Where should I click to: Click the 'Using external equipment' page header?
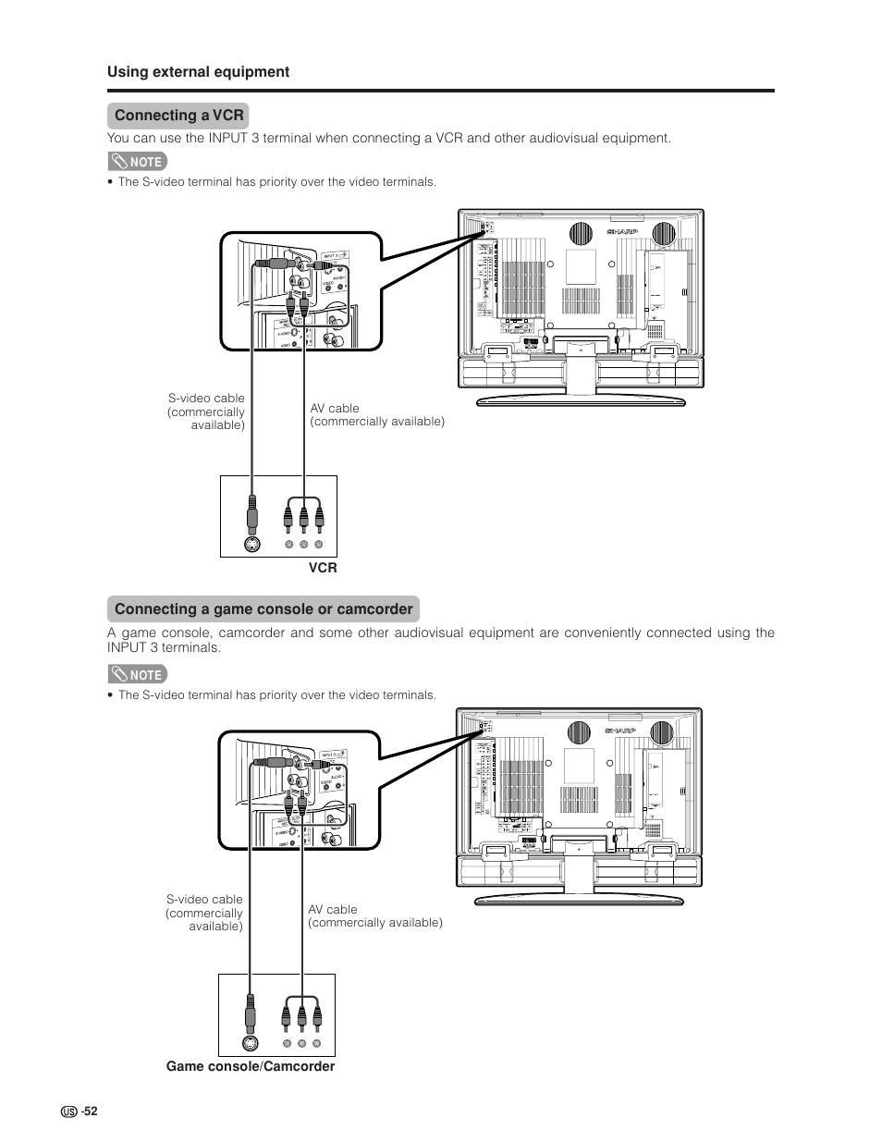[198, 72]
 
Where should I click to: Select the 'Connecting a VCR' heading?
[178, 116]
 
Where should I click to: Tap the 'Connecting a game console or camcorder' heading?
[263, 609]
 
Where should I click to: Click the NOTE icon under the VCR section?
[137, 161]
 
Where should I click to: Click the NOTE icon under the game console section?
[137, 674]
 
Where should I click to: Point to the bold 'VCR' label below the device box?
[324, 568]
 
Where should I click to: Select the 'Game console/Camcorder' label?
[251, 1067]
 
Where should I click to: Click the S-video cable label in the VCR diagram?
[207, 411]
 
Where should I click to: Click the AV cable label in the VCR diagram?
[376, 414]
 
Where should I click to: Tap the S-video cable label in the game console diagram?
[205, 913]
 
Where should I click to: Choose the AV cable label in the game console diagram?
[374, 915]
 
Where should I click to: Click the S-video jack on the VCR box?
[251, 544]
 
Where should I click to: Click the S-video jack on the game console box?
[249, 1043]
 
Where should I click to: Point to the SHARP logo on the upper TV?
[622, 231]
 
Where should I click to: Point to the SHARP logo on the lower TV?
[621, 731]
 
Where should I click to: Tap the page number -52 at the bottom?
[89, 1111]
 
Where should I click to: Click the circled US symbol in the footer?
[68, 1112]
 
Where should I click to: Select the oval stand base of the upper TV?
[580, 399]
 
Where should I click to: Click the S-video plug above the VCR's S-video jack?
[251, 511]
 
